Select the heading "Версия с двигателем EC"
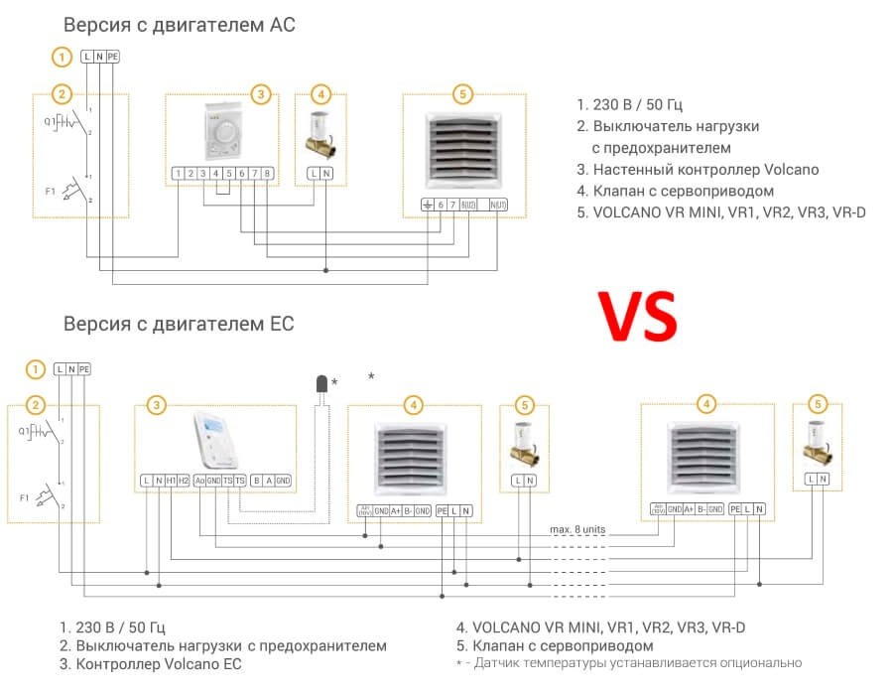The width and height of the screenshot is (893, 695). (x=179, y=324)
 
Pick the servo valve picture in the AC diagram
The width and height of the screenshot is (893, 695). (x=320, y=134)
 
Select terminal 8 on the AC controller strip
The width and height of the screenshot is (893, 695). (x=267, y=174)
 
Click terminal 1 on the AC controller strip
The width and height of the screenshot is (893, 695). (x=178, y=174)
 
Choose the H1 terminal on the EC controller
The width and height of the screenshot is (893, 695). (x=171, y=481)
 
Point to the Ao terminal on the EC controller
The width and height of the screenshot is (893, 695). (x=199, y=481)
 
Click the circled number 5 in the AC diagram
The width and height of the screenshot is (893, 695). (x=460, y=94)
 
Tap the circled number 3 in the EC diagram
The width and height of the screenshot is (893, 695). (x=157, y=404)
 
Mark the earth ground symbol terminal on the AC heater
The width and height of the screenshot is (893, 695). (x=427, y=205)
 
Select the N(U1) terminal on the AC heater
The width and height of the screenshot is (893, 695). (x=497, y=205)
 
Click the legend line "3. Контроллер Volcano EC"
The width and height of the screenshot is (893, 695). (x=150, y=664)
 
